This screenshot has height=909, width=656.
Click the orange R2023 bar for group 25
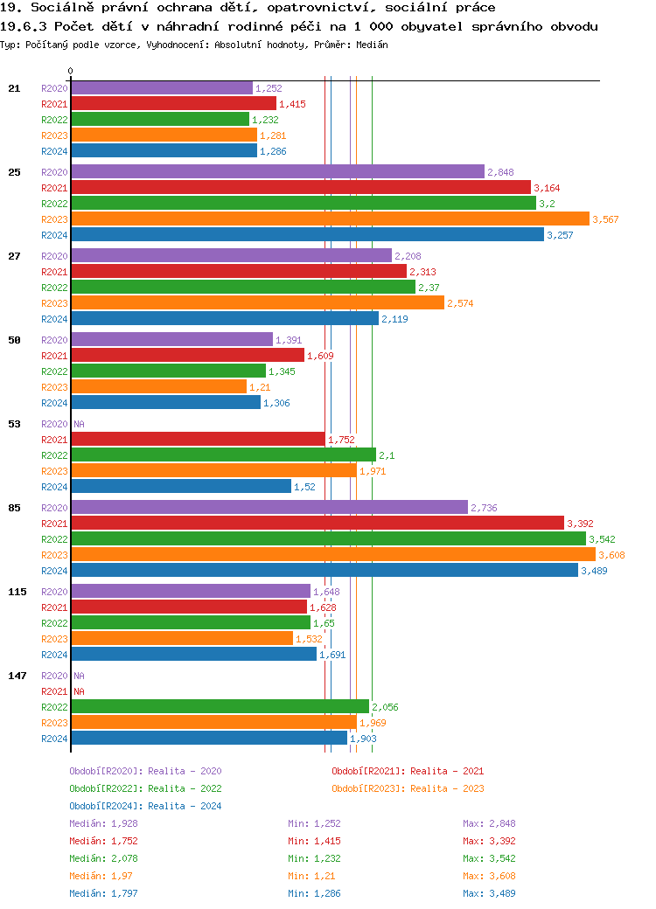[331, 219]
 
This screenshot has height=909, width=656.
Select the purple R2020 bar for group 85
[269, 508]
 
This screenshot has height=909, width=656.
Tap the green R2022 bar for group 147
[220, 707]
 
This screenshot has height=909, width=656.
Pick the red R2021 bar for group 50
[187, 356]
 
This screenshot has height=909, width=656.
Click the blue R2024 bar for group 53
[181, 487]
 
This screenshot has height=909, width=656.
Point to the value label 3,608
[611, 555]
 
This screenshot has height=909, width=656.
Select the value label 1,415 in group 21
[292, 104]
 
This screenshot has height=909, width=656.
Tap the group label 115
[17, 592]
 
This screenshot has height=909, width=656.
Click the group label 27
[14, 256]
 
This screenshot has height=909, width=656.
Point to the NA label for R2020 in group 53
[79, 424]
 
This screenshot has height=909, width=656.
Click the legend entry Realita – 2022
[145, 788]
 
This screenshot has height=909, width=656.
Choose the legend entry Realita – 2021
[408, 771]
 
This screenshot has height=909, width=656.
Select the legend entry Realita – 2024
[145, 806]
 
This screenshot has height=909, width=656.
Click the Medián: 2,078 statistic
[103, 858]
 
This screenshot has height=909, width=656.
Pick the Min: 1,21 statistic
[311, 876]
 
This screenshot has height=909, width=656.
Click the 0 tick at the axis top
[70, 71]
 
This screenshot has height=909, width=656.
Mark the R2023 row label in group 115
[54, 639]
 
